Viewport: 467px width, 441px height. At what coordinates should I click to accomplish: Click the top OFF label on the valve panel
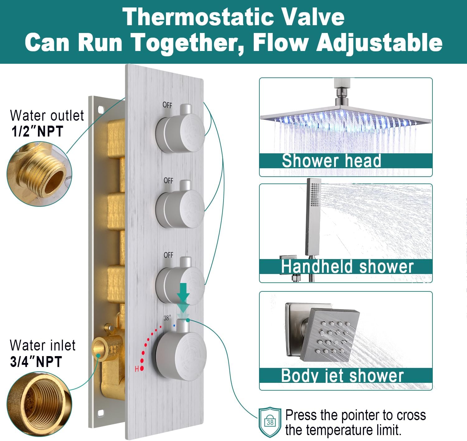pos(167,105)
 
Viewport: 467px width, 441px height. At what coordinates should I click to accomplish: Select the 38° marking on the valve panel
pos(167,318)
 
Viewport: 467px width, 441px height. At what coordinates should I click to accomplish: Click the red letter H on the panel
pos(137,369)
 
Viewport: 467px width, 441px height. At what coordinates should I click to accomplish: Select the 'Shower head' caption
pos(331,161)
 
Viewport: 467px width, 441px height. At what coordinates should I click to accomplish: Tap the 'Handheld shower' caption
pos(347,267)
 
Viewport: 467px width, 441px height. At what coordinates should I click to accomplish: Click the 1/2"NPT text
pos(37,131)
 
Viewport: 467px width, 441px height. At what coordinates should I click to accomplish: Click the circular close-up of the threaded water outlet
pos(39,174)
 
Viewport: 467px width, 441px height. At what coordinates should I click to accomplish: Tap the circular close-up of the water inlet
pos(39,404)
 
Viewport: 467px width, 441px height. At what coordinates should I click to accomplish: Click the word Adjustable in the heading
pos(379,43)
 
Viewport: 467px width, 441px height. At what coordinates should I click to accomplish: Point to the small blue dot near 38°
pos(174,326)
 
